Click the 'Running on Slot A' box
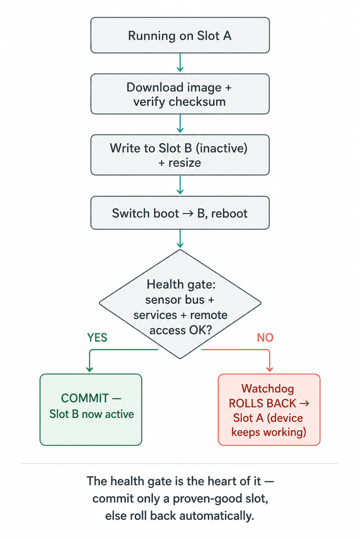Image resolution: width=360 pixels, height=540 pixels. pyautogui.click(x=180, y=35)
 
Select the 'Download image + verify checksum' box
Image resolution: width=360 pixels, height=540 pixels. pyautogui.click(x=180, y=94)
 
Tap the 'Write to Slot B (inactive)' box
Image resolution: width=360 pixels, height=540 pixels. pyautogui.click(x=180, y=155)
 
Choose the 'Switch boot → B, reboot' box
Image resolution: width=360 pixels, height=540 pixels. pyautogui.click(x=180, y=213)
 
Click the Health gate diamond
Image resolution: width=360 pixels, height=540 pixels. pyautogui.click(x=180, y=304)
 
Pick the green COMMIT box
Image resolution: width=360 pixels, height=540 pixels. pyautogui.click(x=91, y=410)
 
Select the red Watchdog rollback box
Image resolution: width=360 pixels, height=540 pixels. pyautogui.click(x=269, y=410)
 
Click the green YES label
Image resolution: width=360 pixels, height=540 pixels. pyautogui.click(x=97, y=337)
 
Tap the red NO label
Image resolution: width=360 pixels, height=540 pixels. pyautogui.click(x=265, y=337)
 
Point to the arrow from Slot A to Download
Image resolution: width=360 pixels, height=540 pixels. pyautogui.click(x=180, y=63)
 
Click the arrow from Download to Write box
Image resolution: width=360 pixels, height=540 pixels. pyautogui.click(x=180, y=124)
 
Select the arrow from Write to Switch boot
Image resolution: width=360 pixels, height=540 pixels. pyautogui.click(x=180, y=185)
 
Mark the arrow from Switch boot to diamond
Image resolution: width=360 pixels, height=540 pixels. pyautogui.click(x=180, y=239)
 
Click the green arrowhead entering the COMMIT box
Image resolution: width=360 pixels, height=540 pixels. pyautogui.click(x=90, y=369)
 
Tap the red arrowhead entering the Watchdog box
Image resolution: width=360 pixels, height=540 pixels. pyautogui.click(x=270, y=369)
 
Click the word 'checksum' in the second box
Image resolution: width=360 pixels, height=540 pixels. pyautogui.click(x=197, y=102)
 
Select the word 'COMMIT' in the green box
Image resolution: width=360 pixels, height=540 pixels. pyautogui.click(x=85, y=398)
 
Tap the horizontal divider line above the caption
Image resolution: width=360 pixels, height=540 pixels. pyautogui.click(x=180, y=463)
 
